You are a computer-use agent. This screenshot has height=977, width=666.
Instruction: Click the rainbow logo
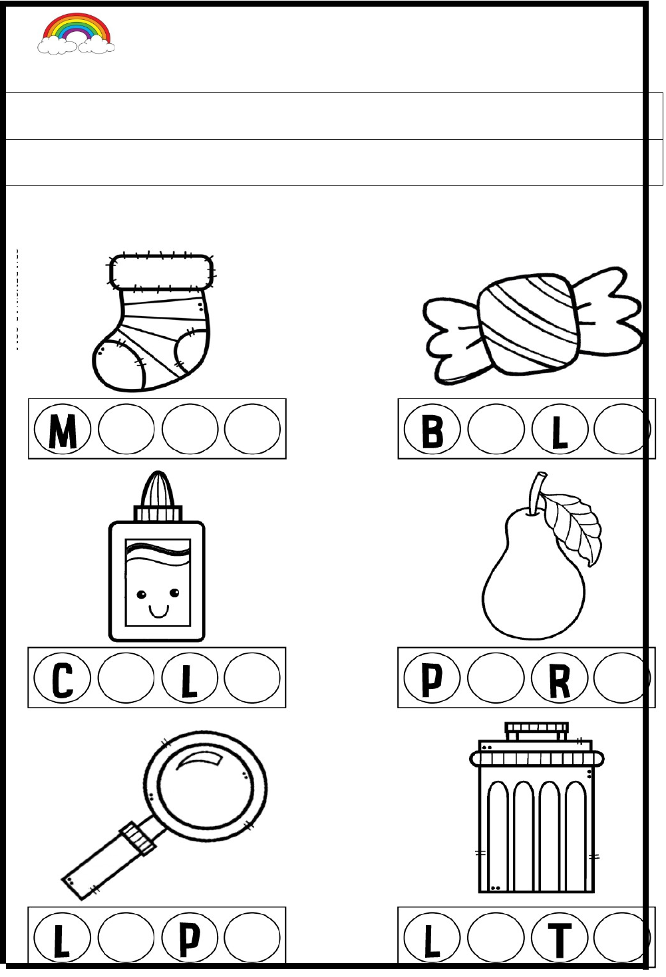[76, 33]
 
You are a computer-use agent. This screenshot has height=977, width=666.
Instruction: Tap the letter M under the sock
[63, 431]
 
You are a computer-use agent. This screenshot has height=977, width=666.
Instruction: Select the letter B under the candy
[432, 431]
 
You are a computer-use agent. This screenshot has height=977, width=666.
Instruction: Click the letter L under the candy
[560, 432]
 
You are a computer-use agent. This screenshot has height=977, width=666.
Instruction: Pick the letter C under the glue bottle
[62, 680]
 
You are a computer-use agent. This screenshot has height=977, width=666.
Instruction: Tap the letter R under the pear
[560, 681]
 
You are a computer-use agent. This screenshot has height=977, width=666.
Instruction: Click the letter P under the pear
[432, 680]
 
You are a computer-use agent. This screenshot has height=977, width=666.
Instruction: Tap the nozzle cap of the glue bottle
[158, 489]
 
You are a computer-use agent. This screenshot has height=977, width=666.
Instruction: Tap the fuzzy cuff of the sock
[161, 272]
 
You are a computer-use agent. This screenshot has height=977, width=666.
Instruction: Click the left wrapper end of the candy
[451, 340]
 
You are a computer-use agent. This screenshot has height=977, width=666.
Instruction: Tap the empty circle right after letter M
[126, 429]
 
